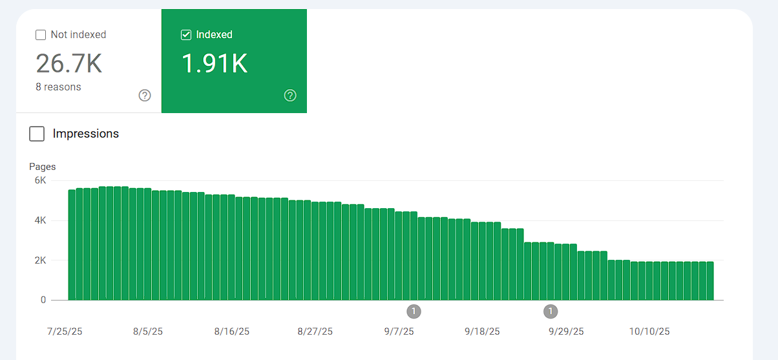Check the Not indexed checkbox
[x=41, y=35]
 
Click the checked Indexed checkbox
[x=186, y=35]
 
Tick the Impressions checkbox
[x=37, y=134]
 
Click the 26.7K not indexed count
[x=68, y=63]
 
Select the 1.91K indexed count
[x=214, y=63]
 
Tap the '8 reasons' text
[x=58, y=87]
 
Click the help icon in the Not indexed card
[x=145, y=96]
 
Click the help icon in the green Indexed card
[x=290, y=96]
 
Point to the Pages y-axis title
[x=43, y=167]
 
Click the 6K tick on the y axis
[x=40, y=180]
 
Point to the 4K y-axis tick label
[x=40, y=220]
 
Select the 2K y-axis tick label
[x=40, y=260]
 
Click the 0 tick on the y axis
[x=43, y=300]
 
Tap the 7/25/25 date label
[x=65, y=332]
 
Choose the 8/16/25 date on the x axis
[x=231, y=332]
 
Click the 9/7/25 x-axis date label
[x=399, y=332]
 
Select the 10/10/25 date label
[x=649, y=332]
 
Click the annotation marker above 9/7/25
[x=414, y=312]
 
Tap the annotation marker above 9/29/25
[x=550, y=312]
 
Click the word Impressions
[x=86, y=134]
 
